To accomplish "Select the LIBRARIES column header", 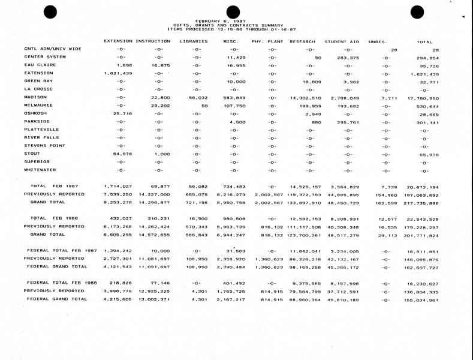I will [194, 41].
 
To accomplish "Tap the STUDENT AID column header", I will [342, 41].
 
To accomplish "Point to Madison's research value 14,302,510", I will [305, 97].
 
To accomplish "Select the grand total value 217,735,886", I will [422, 202].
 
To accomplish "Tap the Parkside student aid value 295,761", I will [347, 121].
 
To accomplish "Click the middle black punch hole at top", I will [233, 11].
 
